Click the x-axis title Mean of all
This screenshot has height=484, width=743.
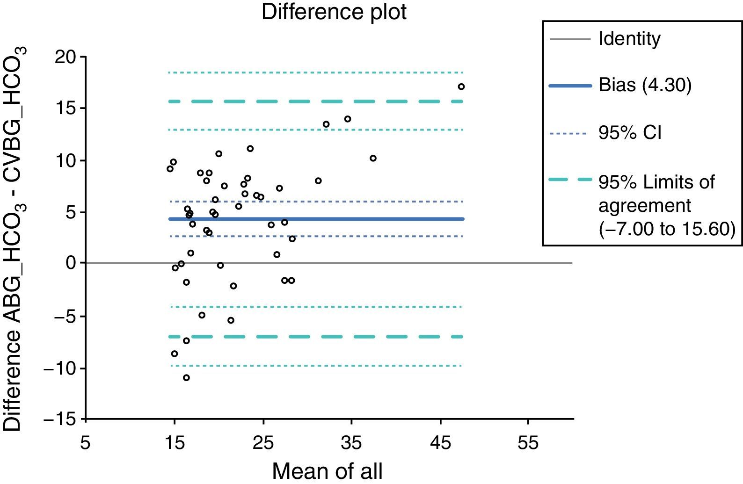point(327,471)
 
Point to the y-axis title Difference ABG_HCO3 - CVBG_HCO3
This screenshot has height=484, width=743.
point(14,238)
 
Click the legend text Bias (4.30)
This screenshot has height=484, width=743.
point(645,86)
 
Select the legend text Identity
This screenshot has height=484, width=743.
point(629,39)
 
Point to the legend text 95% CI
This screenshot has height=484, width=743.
point(630,133)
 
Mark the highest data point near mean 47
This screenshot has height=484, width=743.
point(461,87)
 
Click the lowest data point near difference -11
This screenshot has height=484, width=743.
point(186,377)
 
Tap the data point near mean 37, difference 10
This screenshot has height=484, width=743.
point(373,158)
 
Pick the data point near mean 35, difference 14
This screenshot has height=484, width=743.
point(347,119)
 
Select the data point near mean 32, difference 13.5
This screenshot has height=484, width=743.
point(326,124)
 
